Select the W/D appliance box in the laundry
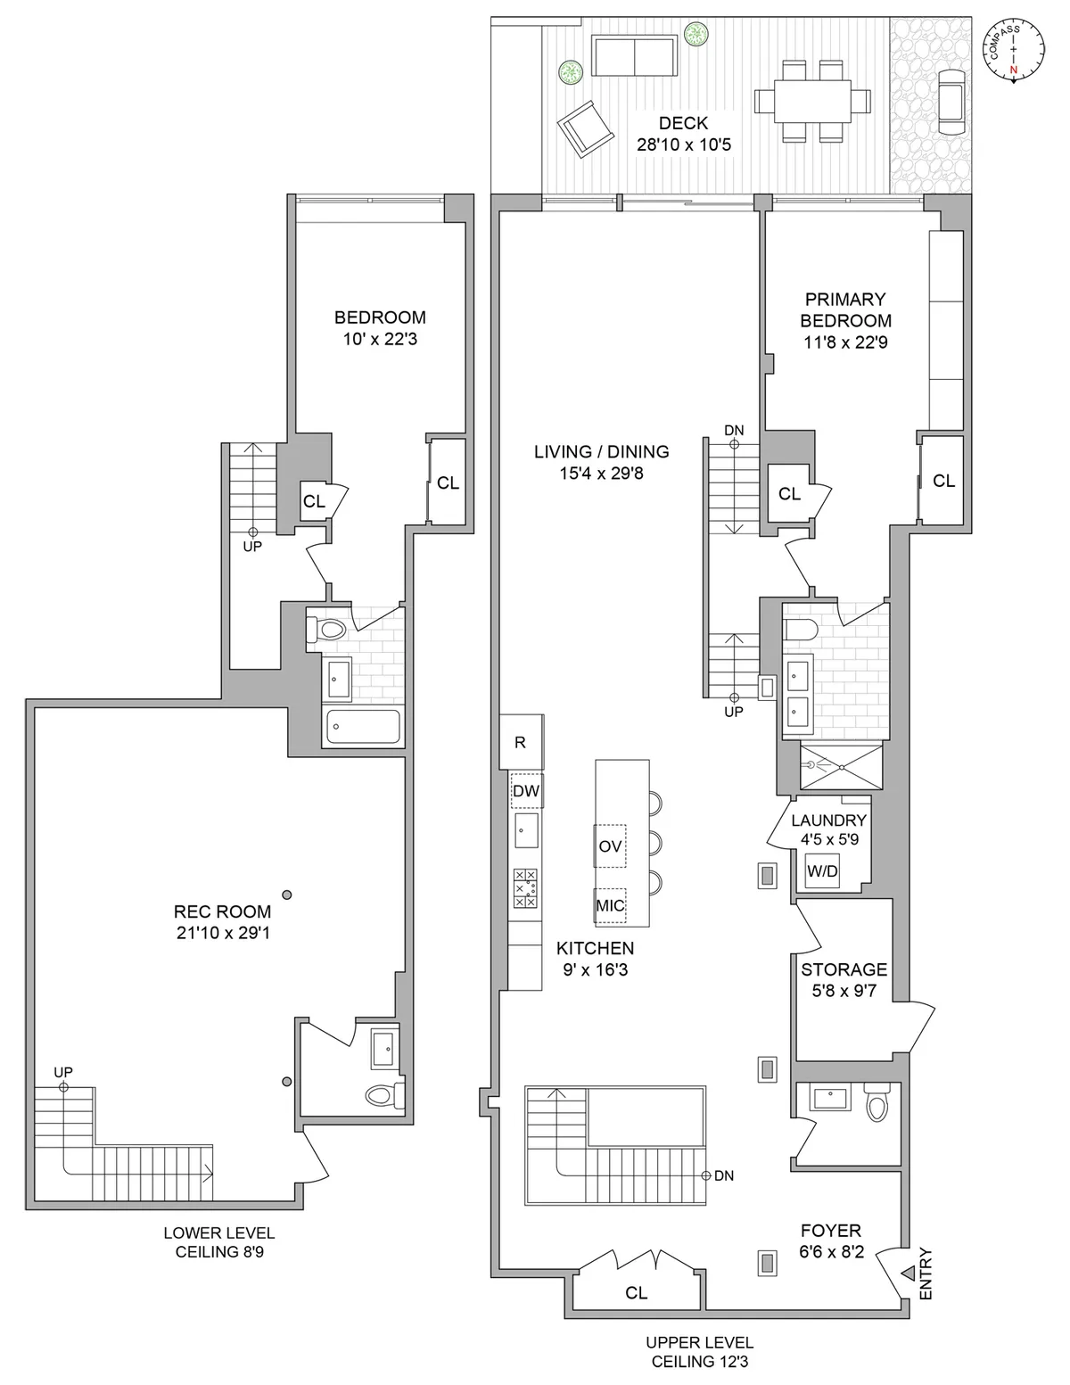pyautogui.click(x=822, y=871)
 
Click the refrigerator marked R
pyautogui.click(x=521, y=742)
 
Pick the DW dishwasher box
pyautogui.click(x=526, y=791)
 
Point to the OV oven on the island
pyautogui.click(x=610, y=845)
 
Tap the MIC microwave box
pyautogui.click(x=610, y=905)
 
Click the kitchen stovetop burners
pyautogui.click(x=525, y=888)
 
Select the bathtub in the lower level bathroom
pyautogui.click(x=363, y=727)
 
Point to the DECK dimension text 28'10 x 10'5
pyautogui.click(x=684, y=144)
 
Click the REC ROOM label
pyautogui.click(x=222, y=911)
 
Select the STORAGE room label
pyautogui.click(x=844, y=969)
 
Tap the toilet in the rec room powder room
pyautogui.click(x=383, y=1093)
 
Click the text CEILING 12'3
pyautogui.click(x=699, y=1362)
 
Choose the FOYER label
pyautogui.click(x=830, y=1231)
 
